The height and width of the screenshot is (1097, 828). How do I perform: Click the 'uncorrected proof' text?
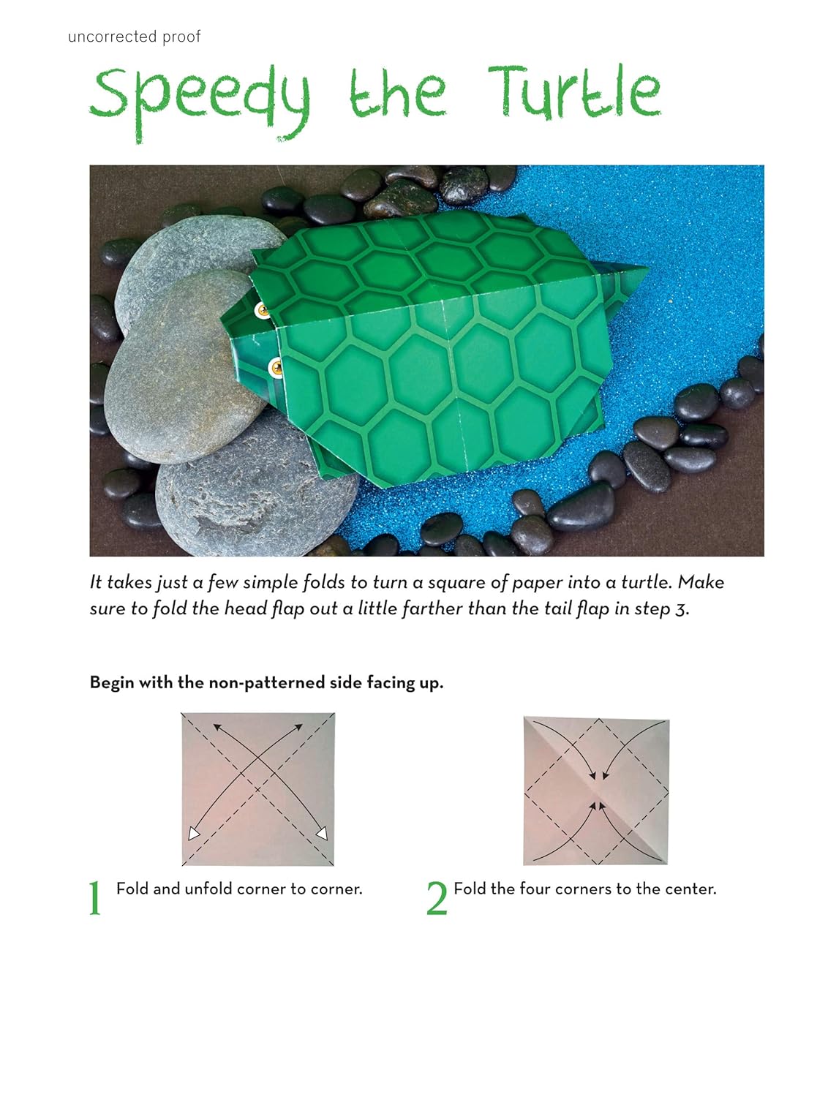point(134,37)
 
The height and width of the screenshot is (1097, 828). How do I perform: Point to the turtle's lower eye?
point(276,366)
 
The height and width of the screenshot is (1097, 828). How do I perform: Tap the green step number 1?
point(95,898)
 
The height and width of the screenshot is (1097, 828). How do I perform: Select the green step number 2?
point(436,898)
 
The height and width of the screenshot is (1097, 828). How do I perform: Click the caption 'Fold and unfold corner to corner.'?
point(239,889)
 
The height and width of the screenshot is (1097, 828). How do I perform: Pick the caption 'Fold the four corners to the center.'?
point(584,889)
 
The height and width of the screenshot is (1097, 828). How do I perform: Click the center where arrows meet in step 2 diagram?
point(597,791)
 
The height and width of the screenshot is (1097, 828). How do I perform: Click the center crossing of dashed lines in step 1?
point(258,788)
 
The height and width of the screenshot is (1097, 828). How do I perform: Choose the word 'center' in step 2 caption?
point(690,889)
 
